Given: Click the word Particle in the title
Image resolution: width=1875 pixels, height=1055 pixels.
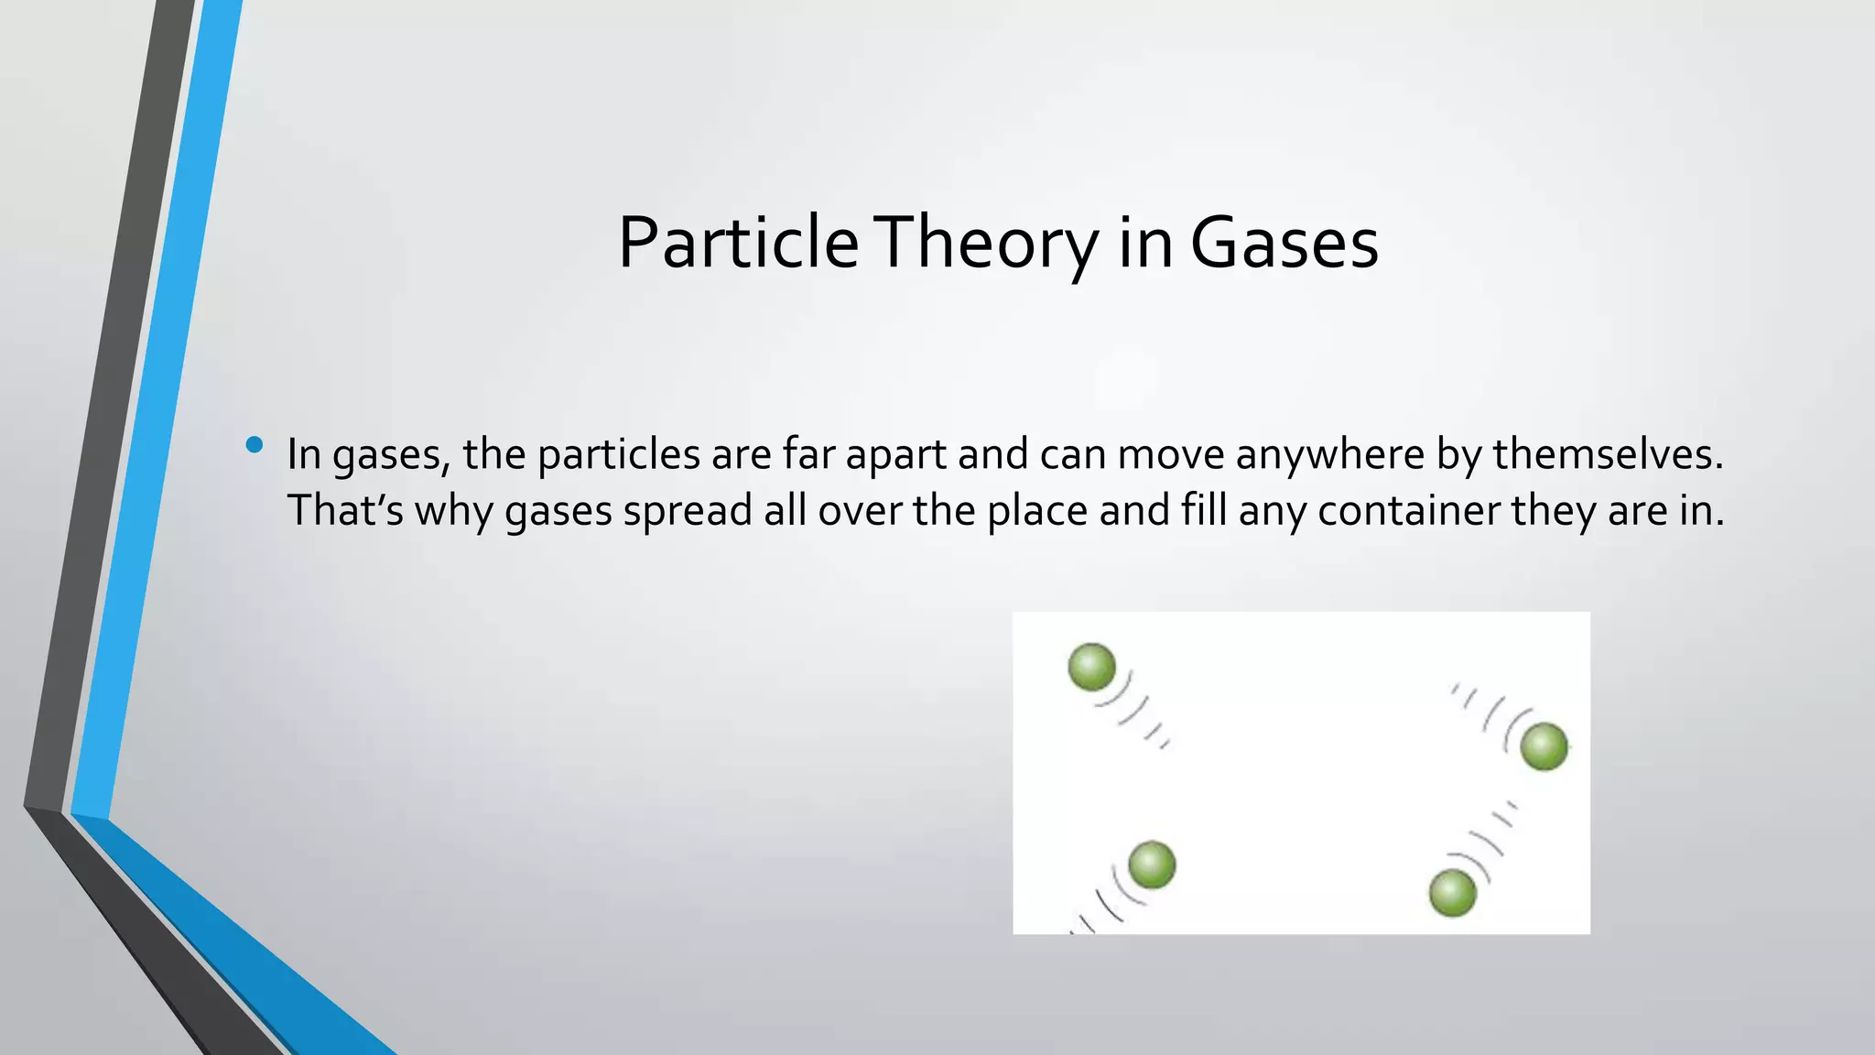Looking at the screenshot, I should (738, 243).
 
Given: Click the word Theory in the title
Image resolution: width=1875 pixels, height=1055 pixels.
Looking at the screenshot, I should (985, 243).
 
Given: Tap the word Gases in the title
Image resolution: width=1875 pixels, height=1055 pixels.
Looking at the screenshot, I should (1284, 243).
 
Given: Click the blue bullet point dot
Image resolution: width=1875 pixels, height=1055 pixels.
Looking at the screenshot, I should (255, 446).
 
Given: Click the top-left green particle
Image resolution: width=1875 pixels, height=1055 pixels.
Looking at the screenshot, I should (1091, 667).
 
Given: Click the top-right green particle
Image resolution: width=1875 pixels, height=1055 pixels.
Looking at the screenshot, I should (1544, 746).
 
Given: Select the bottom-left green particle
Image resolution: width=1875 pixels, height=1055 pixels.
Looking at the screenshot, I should (1151, 865).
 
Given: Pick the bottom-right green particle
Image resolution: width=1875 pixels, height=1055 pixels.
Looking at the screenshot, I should (1452, 894).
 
